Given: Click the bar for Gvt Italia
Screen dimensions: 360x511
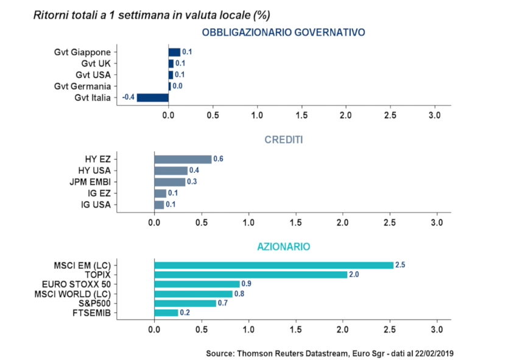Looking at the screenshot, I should click(x=153, y=97).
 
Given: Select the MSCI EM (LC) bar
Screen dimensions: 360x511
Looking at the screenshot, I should click(x=273, y=265).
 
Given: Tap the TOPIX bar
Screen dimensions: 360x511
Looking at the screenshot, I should click(x=250, y=275).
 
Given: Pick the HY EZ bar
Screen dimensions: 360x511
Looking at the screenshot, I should click(x=183, y=159).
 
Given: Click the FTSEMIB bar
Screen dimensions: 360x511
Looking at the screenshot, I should click(x=166, y=312).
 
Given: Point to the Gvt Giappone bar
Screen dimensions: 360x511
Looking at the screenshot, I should click(x=174, y=52).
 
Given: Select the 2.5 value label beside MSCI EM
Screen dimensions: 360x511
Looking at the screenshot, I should click(x=400, y=265).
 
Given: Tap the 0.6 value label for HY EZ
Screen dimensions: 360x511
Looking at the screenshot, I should click(x=219, y=159).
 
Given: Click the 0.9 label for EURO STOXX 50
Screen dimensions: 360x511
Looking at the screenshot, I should click(x=247, y=284).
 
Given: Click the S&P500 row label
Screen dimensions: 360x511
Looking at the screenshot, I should click(x=93, y=303).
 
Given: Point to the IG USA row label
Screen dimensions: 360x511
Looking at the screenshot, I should click(x=96, y=205).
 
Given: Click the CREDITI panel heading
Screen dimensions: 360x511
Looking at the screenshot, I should click(x=283, y=140).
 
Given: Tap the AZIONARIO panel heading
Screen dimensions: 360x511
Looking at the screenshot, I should click(x=283, y=247).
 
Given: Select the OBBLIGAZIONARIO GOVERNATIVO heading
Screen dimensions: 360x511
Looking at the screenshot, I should click(x=283, y=32).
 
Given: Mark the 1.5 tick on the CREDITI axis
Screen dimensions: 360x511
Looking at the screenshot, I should click(x=295, y=223).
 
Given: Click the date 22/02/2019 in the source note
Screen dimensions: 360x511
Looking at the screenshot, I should click(x=434, y=353).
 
